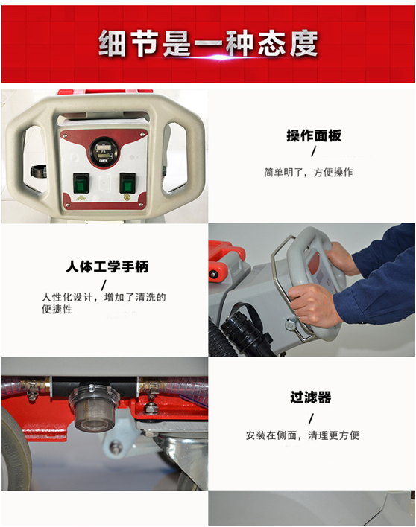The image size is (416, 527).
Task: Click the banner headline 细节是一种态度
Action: point(208,43)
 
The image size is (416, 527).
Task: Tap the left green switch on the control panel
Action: point(81,183)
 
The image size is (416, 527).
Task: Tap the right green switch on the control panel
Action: point(127,183)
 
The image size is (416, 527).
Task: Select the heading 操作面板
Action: point(314,135)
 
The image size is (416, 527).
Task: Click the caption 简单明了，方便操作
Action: point(309,173)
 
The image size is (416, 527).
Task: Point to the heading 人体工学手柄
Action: point(107,266)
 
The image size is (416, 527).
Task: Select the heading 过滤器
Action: point(311,397)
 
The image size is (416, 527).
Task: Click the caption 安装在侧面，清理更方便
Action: point(302,435)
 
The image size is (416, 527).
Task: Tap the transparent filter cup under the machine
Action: point(94,409)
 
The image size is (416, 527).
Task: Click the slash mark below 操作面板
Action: point(314,152)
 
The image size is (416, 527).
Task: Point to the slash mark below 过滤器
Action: point(311,419)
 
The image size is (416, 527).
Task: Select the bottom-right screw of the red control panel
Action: point(141,205)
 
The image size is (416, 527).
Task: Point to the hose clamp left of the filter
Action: point(32,390)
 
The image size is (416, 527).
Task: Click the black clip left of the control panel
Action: point(38,171)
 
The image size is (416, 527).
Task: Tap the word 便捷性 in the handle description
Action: point(57,310)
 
